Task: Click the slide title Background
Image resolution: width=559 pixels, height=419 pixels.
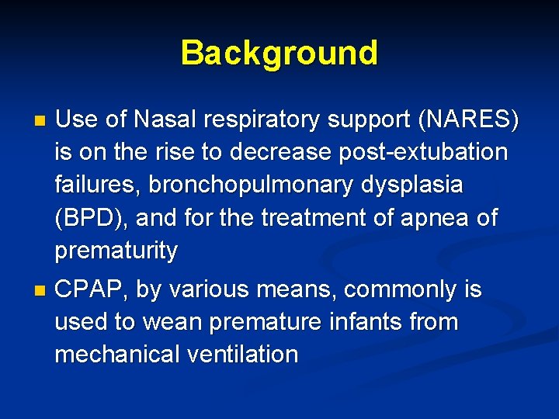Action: coord(279,53)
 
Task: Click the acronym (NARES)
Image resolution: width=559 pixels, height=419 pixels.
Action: coord(469,120)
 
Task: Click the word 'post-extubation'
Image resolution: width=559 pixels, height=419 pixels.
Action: coord(423,153)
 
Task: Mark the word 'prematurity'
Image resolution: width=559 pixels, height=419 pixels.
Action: coord(116,251)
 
